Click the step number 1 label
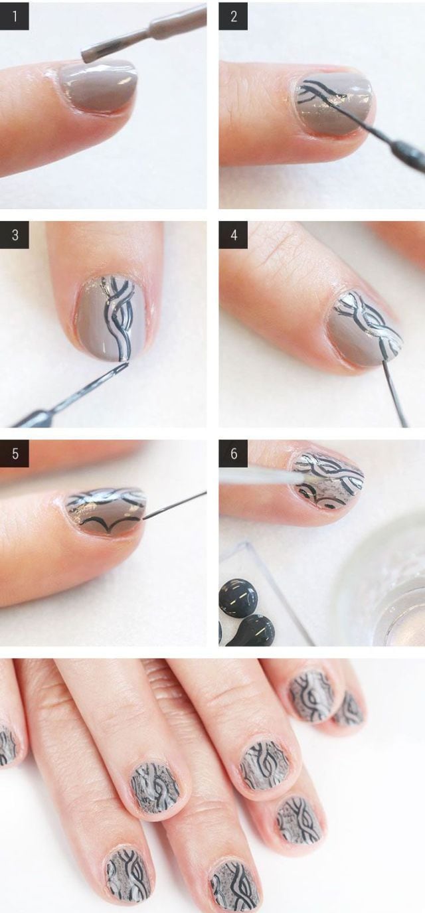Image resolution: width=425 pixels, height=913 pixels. point(14,17)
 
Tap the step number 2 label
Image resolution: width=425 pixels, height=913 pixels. point(233,17)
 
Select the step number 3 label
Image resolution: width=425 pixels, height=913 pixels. point(14,235)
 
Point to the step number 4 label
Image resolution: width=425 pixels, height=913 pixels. point(233,235)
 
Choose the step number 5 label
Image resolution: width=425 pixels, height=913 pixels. point(14,454)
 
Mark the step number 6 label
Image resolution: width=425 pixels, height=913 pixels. point(233,454)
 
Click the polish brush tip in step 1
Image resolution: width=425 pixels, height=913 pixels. point(97,51)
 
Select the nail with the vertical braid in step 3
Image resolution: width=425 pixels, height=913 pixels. point(111,319)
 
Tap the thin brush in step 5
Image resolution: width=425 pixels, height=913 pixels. point(175,506)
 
